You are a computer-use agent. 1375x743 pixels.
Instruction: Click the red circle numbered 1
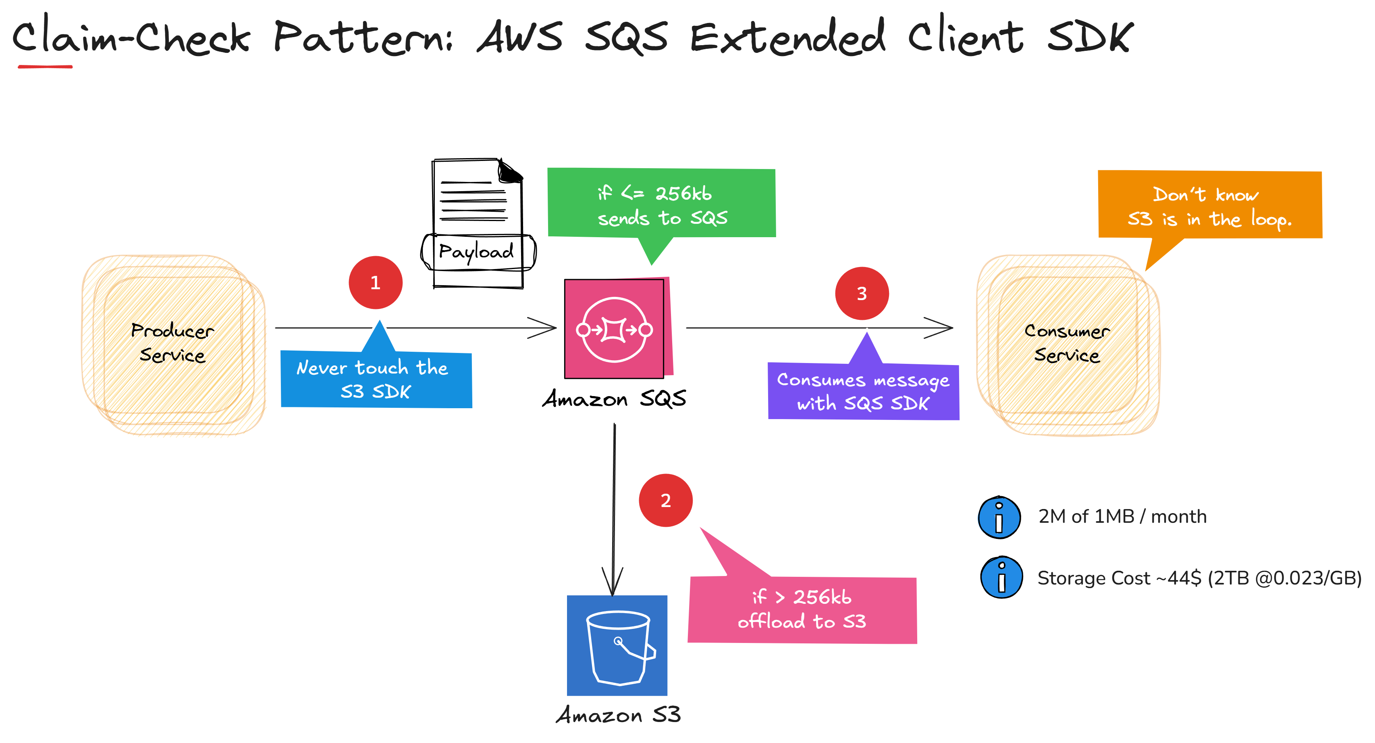[x=375, y=283]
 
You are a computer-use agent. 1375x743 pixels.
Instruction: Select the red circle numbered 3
[x=862, y=293]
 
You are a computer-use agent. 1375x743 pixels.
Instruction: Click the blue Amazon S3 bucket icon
[x=617, y=645]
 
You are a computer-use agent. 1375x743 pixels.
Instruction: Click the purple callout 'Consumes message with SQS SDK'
[x=863, y=392]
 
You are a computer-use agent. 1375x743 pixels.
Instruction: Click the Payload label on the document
[x=477, y=252]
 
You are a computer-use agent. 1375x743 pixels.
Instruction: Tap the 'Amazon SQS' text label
[x=614, y=399]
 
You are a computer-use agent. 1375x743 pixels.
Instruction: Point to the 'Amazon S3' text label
[x=618, y=715]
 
